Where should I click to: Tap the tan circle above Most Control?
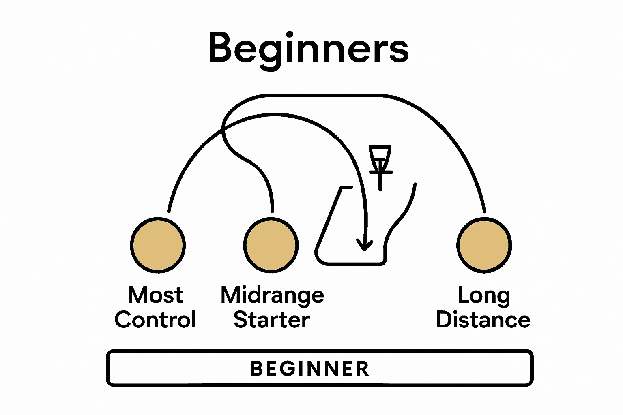[x=158, y=245]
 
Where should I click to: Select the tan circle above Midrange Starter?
[x=271, y=245]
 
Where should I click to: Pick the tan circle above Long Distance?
[x=484, y=245]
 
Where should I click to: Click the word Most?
[x=155, y=295]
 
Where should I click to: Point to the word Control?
[x=155, y=320]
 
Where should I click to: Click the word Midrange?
[x=272, y=295]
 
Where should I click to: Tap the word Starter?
[x=272, y=320]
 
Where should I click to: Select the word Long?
[x=483, y=295]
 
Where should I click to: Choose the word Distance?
[x=483, y=320]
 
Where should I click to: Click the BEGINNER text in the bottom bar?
[x=310, y=368]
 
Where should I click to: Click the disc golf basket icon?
[x=380, y=160]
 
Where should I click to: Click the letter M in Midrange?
[x=230, y=295]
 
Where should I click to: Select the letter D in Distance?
[x=444, y=320]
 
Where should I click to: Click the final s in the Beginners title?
[x=400, y=51]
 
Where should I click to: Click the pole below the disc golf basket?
[x=380, y=182]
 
